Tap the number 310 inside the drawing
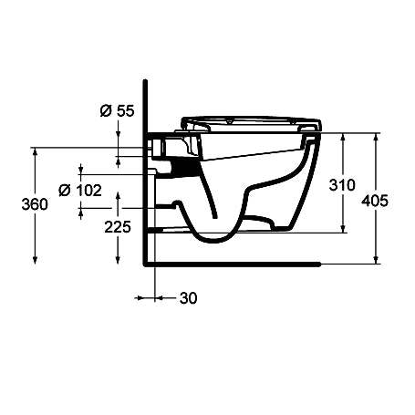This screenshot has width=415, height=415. (x=340, y=185)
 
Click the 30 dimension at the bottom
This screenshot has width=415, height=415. (x=189, y=297)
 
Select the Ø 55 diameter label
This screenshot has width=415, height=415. (x=115, y=111)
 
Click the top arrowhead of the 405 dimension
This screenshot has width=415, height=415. (x=376, y=138)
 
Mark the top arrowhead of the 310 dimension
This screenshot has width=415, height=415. (x=342, y=138)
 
